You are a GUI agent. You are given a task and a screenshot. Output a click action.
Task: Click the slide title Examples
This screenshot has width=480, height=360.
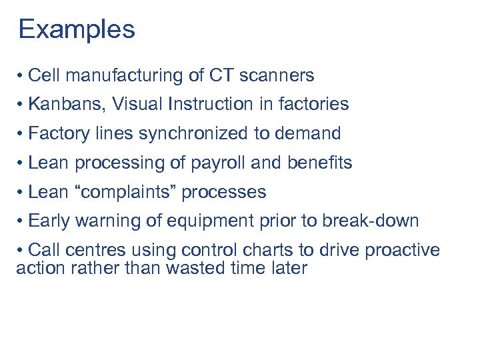coord(77,29)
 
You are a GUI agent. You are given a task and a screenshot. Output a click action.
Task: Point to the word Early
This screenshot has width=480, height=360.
coord(49,221)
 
